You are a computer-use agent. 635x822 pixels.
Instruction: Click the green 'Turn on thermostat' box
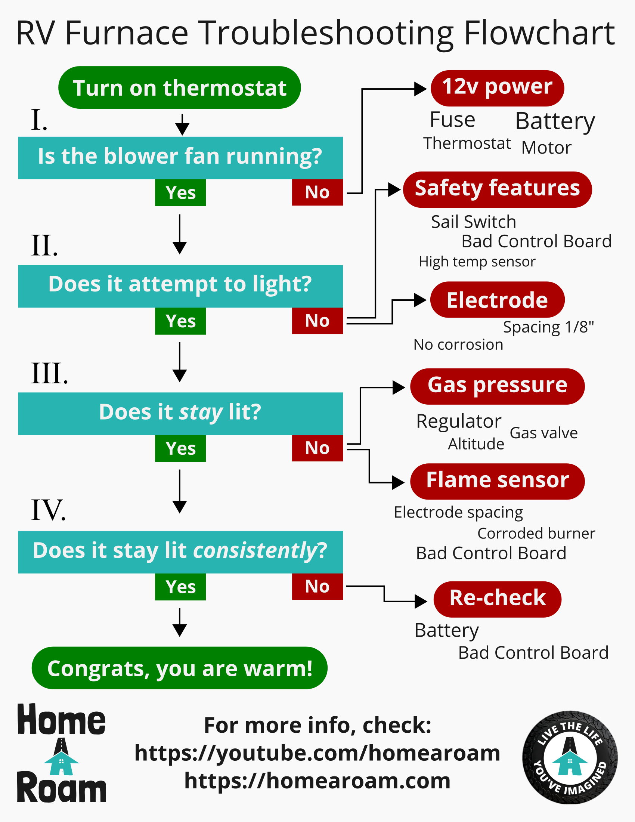click(179, 88)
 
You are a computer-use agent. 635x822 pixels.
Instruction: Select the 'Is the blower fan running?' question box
click(180, 157)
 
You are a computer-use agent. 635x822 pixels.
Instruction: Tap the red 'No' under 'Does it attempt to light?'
click(317, 321)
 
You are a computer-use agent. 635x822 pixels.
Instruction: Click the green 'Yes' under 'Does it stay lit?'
click(180, 448)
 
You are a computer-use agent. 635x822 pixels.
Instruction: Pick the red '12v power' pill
click(497, 88)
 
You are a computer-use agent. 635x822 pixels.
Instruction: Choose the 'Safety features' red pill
click(497, 189)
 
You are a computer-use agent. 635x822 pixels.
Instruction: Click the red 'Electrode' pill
click(497, 300)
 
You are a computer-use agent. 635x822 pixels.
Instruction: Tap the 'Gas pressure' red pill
click(497, 386)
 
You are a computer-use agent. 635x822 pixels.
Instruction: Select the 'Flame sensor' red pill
click(497, 481)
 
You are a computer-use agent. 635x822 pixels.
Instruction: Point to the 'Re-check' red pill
click(497, 599)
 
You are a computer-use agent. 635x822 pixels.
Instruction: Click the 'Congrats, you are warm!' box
click(179, 668)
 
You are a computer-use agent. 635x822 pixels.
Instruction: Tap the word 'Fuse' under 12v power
click(452, 120)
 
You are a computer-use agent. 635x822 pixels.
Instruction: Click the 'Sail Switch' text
click(473, 222)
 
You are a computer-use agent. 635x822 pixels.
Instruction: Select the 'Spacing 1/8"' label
click(548, 327)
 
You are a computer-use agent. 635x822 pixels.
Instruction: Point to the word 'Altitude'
click(476, 444)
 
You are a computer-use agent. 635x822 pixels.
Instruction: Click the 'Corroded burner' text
click(536, 533)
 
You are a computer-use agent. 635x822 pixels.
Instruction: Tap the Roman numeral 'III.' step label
click(50, 373)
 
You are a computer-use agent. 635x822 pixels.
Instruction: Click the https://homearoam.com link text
click(317, 781)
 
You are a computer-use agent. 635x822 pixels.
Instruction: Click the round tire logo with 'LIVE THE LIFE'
click(570, 757)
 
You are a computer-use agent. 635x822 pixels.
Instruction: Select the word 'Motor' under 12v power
click(546, 148)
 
